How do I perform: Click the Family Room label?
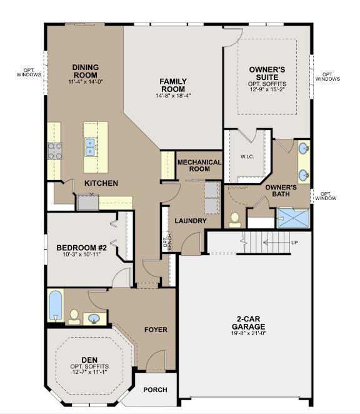point(173,85)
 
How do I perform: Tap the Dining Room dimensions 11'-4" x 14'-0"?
point(85,81)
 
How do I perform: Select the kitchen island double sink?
point(91,147)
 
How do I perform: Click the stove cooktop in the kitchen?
point(54,151)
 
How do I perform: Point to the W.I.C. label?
point(247,156)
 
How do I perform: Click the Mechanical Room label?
point(199,166)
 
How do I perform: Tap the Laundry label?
point(191,221)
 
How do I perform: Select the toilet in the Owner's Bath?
point(235,220)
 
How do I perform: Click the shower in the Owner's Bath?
point(293,218)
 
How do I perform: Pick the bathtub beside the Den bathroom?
point(56,305)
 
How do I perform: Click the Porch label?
point(155,390)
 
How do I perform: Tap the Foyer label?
point(156,330)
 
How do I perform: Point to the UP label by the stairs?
point(294,243)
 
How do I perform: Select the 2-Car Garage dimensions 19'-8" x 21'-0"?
point(248,333)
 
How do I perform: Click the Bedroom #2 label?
point(81,248)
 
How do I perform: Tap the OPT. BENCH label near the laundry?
point(167,241)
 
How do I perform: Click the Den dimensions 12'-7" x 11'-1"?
point(89,372)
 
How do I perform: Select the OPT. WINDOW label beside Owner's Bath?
point(326,196)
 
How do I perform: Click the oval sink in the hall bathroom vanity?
point(94,318)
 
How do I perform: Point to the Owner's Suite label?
point(267,73)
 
